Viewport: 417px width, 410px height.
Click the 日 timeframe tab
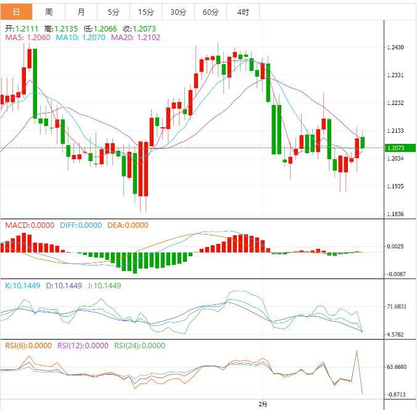click(16, 12)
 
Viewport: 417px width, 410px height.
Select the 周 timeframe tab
click(49, 12)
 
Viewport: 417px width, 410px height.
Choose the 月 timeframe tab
click(81, 12)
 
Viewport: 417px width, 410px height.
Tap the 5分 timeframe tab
click(114, 12)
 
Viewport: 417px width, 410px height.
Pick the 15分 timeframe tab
click(146, 12)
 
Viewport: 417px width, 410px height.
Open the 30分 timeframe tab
click(178, 12)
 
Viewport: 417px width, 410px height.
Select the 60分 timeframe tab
click(210, 12)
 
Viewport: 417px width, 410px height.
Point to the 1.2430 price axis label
click(395, 48)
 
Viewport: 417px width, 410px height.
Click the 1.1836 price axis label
click(395, 214)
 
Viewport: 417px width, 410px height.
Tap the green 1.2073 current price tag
click(399, 148)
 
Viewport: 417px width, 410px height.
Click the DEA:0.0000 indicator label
click(128, 225)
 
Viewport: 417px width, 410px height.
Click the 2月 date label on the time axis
click(263, 404)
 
